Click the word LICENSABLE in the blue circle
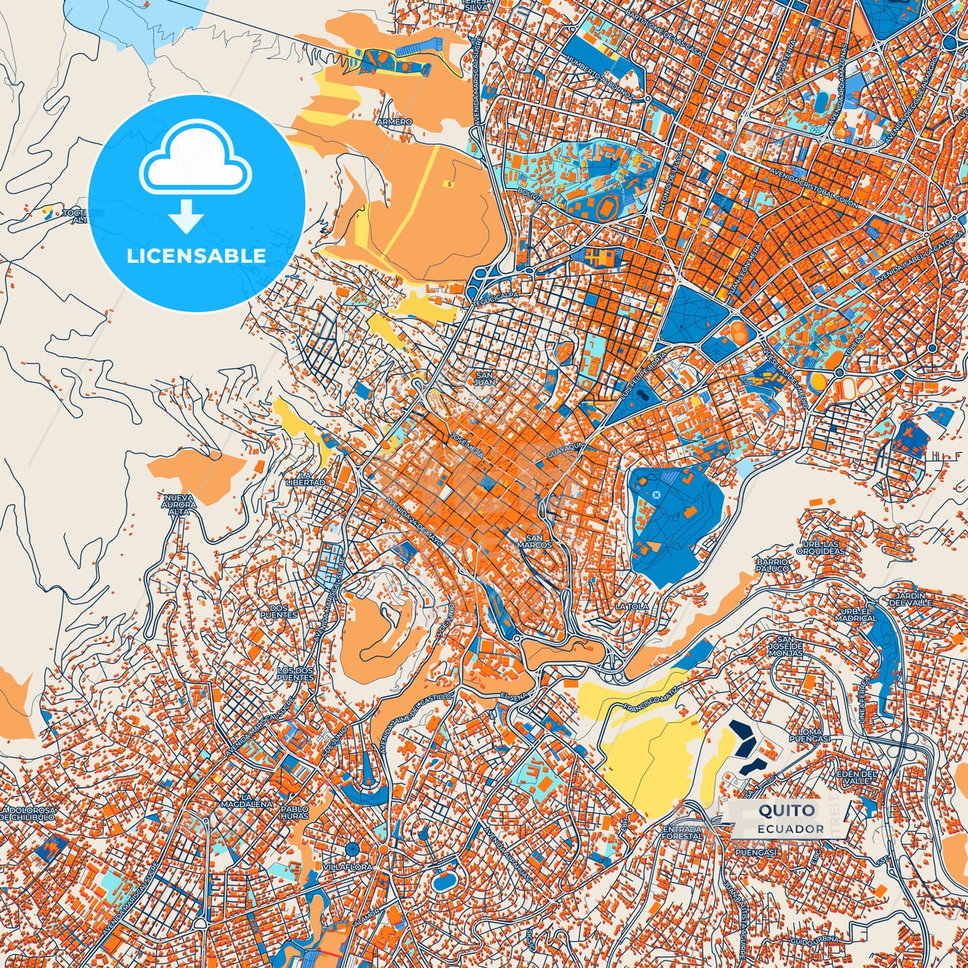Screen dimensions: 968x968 196,256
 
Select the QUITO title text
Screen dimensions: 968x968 786,811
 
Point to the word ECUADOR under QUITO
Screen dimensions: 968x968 790,829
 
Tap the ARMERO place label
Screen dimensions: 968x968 394,122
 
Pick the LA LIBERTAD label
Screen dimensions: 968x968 305,478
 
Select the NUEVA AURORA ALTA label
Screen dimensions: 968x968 178,504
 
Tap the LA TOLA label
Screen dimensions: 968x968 632,606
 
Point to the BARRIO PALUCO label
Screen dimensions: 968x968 772,565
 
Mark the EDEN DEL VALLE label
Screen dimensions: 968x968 855,777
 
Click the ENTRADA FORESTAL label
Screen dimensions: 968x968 682,833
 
